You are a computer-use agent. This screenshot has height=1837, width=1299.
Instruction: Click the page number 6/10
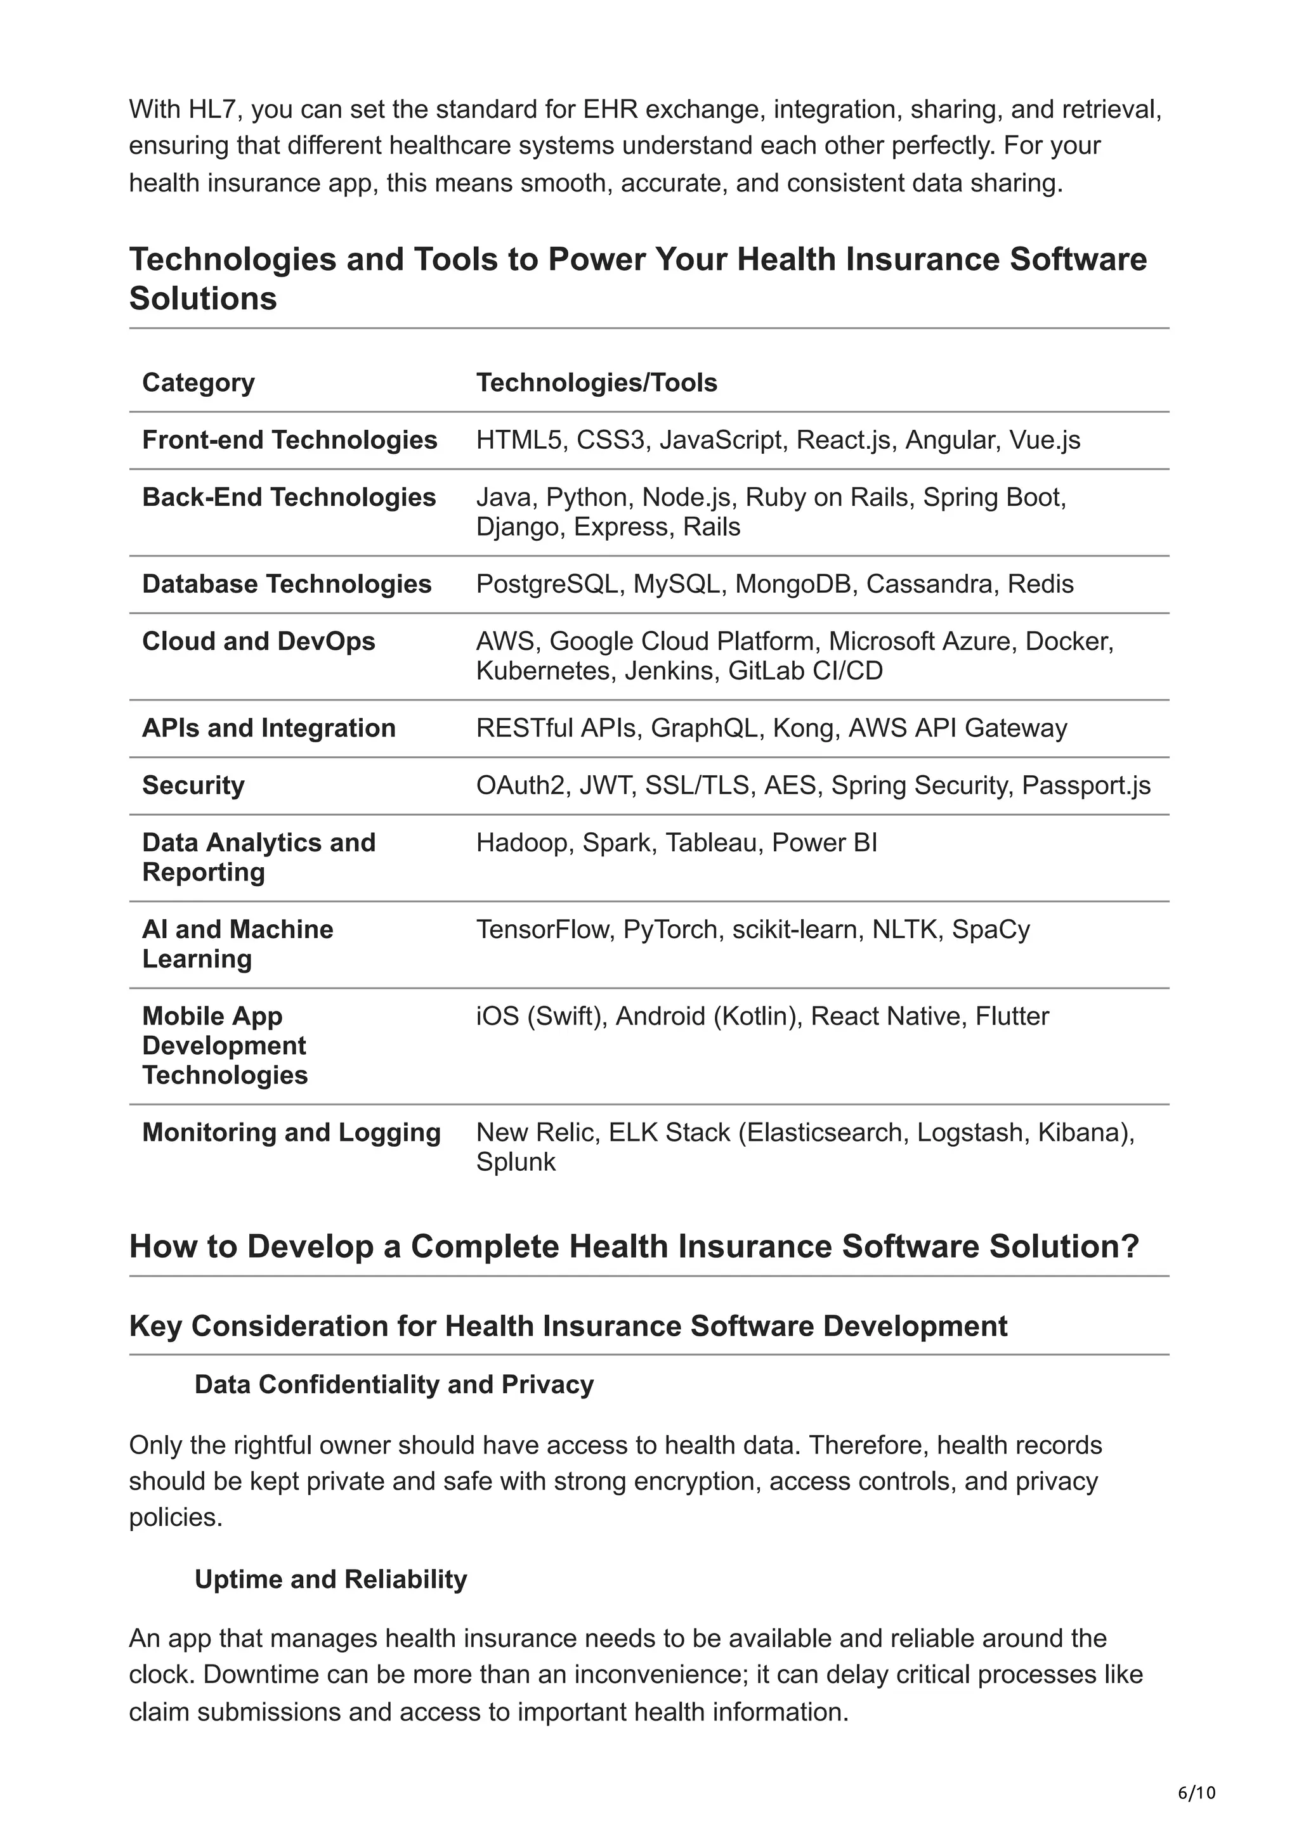pyautogui.click(x=1196, y=1792)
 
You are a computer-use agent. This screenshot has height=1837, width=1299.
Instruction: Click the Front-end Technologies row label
pyautogui.click(x=289, y=440)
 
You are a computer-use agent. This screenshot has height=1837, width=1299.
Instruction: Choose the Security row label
pyautogui.click(x=193, y=785)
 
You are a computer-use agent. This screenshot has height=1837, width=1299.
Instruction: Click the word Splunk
pyautogui.click(x=516, y=1162)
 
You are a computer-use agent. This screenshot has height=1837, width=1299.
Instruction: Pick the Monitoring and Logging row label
pyautogui.click(x=291, y=1133)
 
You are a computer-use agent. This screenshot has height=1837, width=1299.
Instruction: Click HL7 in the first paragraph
pyautogui.click(x=212, y=109)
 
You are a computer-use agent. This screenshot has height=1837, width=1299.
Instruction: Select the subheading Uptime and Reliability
pyautogui.click(x=330, y=1580)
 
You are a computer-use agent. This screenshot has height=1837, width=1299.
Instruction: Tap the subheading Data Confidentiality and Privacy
pyautogui.click(x=394, y=1385)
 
